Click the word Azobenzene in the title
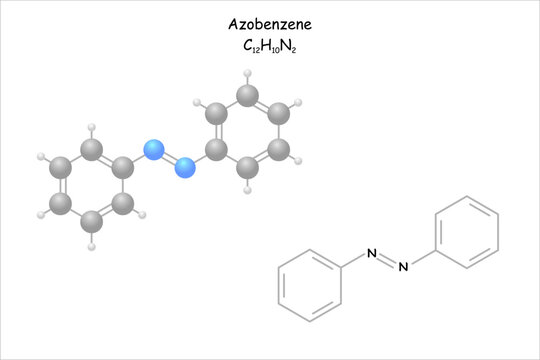[x=269, y=23]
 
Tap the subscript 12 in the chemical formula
[x=255, y=49]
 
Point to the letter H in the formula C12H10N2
[x=265, y=45]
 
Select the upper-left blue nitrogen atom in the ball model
[x=153, y=151]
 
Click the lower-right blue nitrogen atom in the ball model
[x=183, y=168]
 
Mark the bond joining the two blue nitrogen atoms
[x=168, y=160]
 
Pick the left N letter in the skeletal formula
[x=371, y=253]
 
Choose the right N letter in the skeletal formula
[x=404, y=267]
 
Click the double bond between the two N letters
[x=387, y=260]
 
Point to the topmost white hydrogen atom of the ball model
[x=246, y=73]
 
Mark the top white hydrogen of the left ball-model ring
[x=91, y=128]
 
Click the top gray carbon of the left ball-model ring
[x=91, y=152]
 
